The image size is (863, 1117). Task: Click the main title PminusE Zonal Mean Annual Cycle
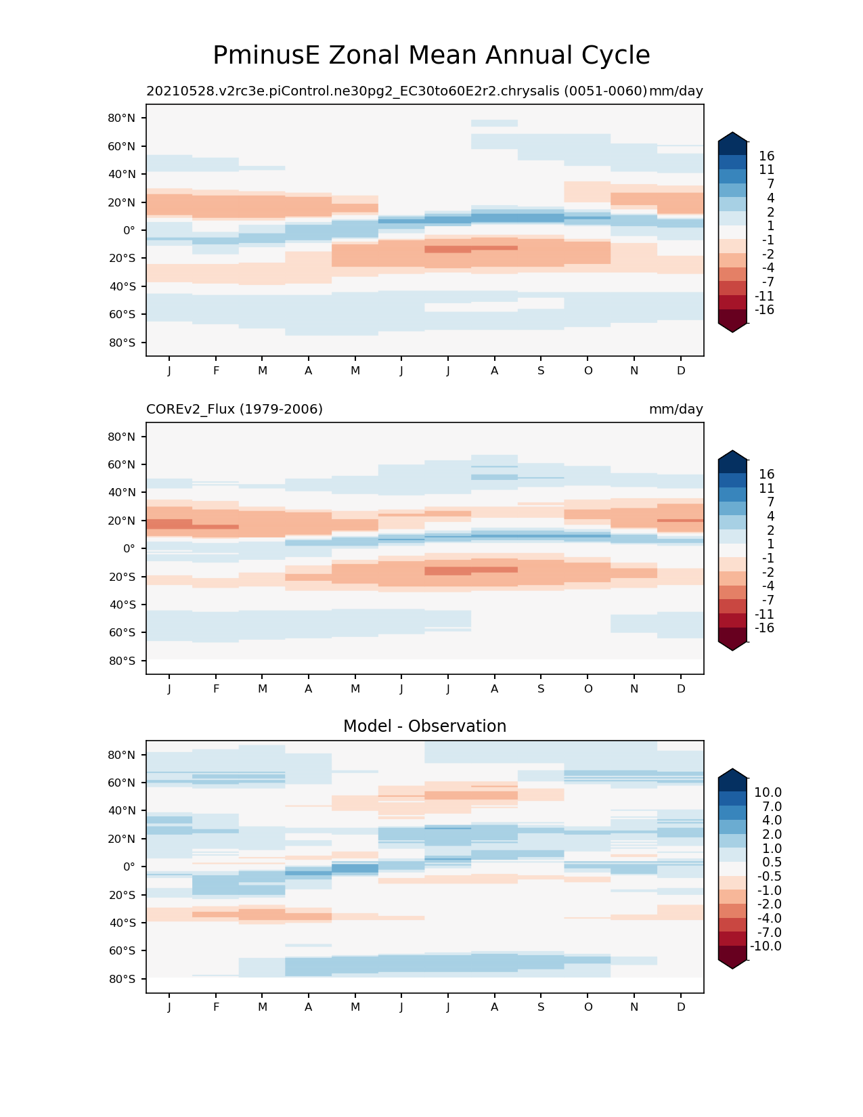[431, 56]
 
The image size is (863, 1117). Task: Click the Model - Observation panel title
[424, 726]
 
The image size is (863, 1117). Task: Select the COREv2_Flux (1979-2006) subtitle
[234, 409]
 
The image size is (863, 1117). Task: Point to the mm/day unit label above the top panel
[676, 91]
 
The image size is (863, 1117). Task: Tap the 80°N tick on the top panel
[122, 118]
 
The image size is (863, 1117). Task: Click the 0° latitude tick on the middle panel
[129, 548]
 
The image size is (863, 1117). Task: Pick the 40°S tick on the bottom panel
[122, 923]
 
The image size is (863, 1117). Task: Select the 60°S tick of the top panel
[122, 314]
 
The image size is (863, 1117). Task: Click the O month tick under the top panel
[588, 370]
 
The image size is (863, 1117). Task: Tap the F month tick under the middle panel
[216, 688]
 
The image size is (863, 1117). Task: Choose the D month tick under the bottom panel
[681, 1007]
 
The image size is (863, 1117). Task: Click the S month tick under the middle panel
[541, 688]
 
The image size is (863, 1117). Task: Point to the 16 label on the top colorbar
[766, 156]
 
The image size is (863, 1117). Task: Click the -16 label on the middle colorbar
[764, 628]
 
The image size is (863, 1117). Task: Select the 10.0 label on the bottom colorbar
[768, 792]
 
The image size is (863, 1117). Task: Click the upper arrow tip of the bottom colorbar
[733, 770]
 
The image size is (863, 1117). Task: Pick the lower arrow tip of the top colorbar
[733, 332]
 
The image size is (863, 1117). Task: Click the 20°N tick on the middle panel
[122, 521]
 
